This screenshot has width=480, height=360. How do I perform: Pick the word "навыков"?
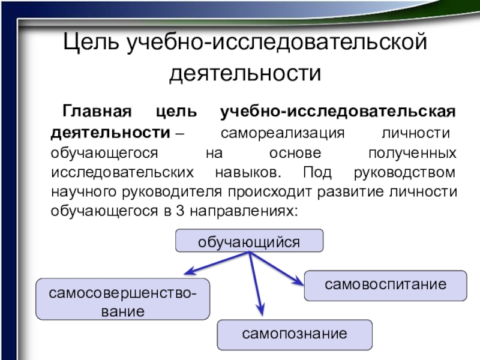point(245,172)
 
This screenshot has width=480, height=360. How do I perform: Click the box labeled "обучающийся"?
point(249,241)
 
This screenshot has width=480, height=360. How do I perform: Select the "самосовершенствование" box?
point(123,298)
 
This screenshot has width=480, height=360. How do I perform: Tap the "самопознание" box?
point(294,335)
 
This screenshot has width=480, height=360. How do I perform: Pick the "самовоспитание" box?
point(386,285)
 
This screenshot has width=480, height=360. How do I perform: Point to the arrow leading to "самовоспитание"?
point(277,268)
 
